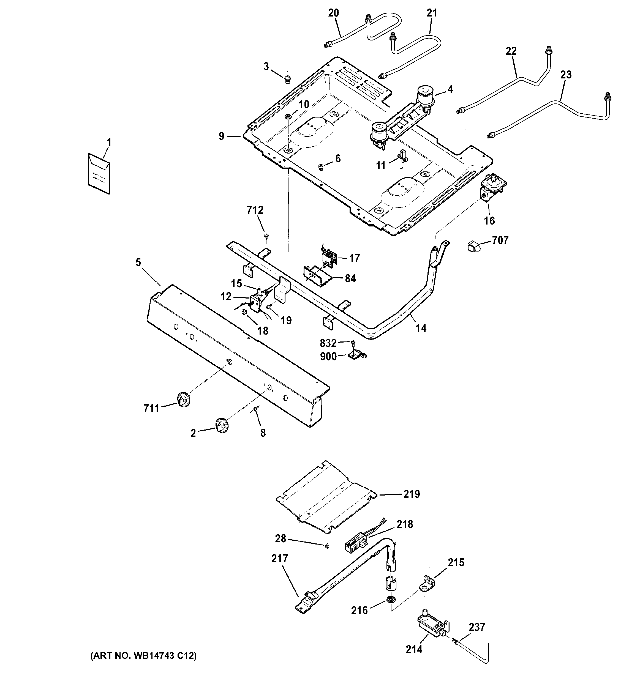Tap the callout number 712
pyautogui.click(x=255, y=210)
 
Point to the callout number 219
pyautogui.click(x=412, y=494)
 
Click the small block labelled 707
pyautogui.click(x=473, y=246)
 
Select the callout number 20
pyautogui.click(x=333, y=13)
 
